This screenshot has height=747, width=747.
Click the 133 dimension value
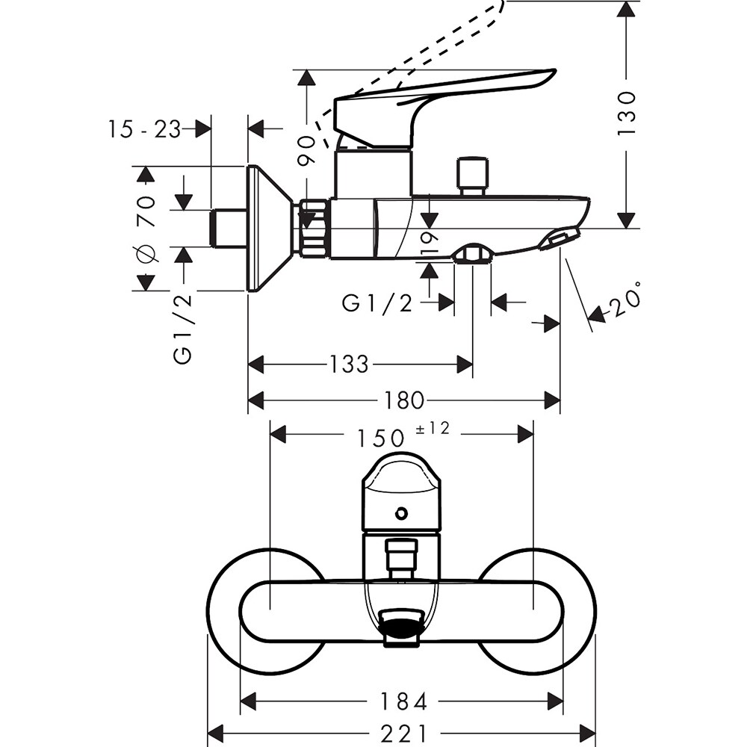pos(349,365)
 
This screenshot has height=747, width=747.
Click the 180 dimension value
pos(404,401)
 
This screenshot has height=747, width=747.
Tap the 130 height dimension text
pos(626,112)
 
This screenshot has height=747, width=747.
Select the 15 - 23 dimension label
pos(144,129)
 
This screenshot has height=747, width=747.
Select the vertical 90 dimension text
pos(306,152)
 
